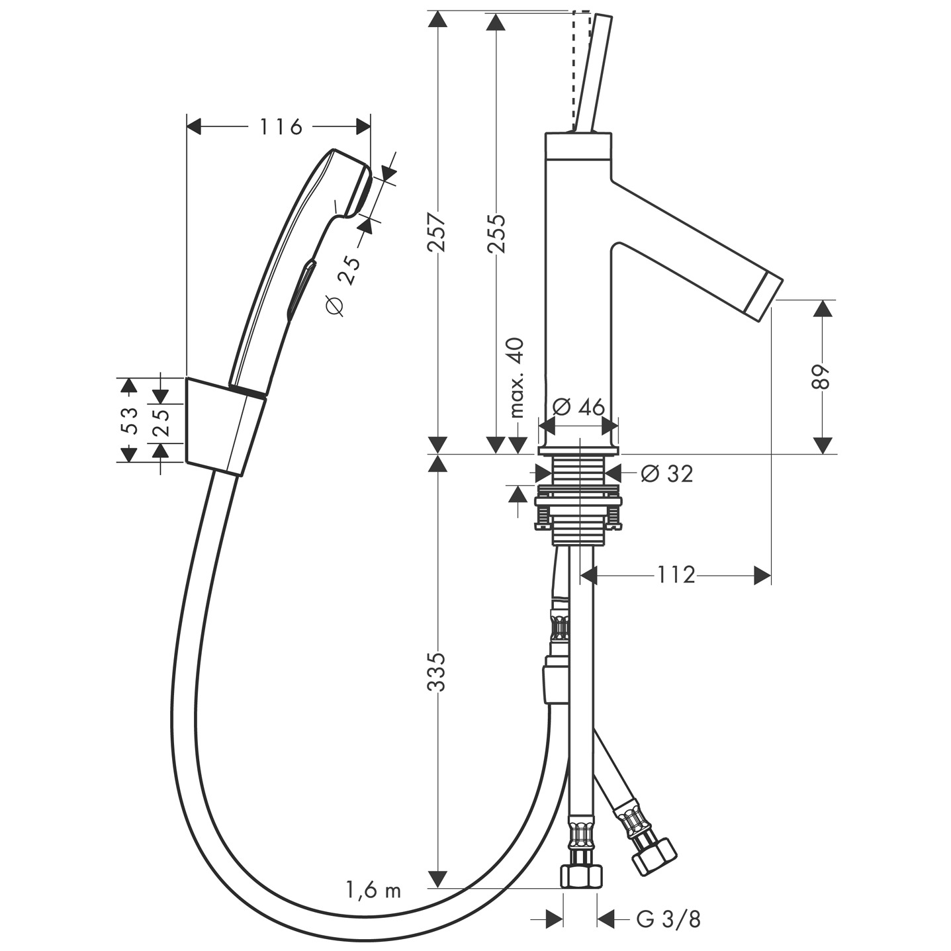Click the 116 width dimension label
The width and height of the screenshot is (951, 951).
click(280, 126)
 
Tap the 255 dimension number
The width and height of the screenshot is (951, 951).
click(495, 233)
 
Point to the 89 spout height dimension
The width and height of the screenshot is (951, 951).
click(821, 377)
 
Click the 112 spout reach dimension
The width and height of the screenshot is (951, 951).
click(676, 575)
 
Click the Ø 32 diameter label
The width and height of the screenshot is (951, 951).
click(667, 473)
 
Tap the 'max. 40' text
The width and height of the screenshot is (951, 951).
click(517, 377)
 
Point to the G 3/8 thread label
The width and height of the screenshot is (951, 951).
click(668, 919)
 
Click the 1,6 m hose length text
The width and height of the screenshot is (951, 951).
click(373, 890)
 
